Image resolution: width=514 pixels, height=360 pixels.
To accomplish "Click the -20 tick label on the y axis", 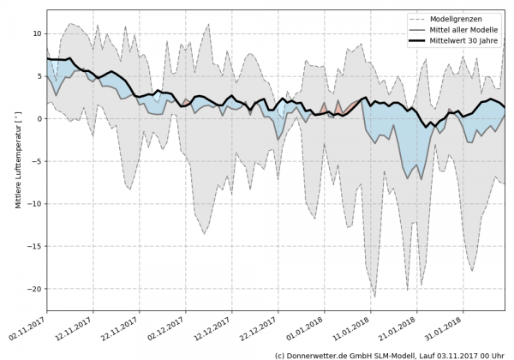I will coord(33,289).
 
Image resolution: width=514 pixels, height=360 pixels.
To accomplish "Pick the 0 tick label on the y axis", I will coord(38,118).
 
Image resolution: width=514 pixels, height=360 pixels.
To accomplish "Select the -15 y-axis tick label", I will coord(33,247).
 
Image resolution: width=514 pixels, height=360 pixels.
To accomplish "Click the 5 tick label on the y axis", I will coord(38,76).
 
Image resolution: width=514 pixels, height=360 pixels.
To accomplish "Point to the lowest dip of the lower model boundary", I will coord(374,297).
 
